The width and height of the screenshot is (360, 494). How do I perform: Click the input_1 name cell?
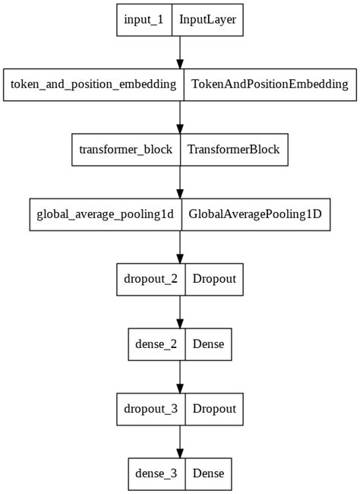[x=144, y=20]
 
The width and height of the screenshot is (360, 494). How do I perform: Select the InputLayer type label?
[x=207, y=20]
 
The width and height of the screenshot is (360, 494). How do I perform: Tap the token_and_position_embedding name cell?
[x=93, y=84]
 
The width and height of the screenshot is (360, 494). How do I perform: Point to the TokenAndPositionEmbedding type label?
[x=270, y=84]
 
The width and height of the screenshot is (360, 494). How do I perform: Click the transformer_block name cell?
[x=125, y=150]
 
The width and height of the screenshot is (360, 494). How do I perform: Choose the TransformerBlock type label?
[x=233, y=150]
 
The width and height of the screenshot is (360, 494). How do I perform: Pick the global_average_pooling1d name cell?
[x=105, y=214]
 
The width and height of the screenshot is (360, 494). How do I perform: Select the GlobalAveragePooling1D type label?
[x=254, y=214]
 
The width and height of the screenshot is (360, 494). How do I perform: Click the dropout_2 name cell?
[x=150, y=279]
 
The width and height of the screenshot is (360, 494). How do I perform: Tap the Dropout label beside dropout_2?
[x=214, y=279]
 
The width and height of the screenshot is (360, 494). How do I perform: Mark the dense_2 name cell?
[x=156, y=344]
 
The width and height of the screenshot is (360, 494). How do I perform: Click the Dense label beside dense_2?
[x=208, y=344]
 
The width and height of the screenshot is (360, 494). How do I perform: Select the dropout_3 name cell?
[x=150, y=409]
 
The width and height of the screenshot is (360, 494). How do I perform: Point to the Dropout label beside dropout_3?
[x=214, y=409]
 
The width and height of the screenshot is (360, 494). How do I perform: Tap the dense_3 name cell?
[x=156, y=473]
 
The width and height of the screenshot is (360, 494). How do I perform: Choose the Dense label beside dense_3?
[x=208, y=473]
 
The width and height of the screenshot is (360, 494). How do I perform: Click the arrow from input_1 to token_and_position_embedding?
[x=180, y=52]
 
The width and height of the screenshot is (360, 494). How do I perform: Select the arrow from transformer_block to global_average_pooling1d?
[x=180, y=182]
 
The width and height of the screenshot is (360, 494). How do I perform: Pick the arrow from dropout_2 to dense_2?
[x=180, y=312]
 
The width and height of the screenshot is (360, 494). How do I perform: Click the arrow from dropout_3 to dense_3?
[x=180, y=441]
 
